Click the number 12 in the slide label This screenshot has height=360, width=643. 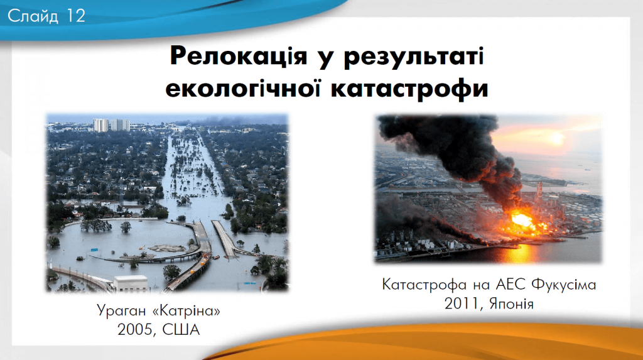pos(75,16)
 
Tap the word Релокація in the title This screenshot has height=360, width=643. pos(239,57)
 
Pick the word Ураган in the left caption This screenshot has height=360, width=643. pos(122,311)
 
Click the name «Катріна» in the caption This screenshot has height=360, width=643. pos(186,311)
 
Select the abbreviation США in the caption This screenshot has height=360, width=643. pos(181,330)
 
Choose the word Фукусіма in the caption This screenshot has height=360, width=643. pos(565,285)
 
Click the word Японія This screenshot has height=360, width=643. pos(510,303)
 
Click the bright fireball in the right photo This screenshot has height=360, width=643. pos(522,221)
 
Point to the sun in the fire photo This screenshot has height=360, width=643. pos(556,139)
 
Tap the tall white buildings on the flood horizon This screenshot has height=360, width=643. pos(111,125)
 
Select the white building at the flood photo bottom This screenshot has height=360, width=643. pos(131,283)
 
